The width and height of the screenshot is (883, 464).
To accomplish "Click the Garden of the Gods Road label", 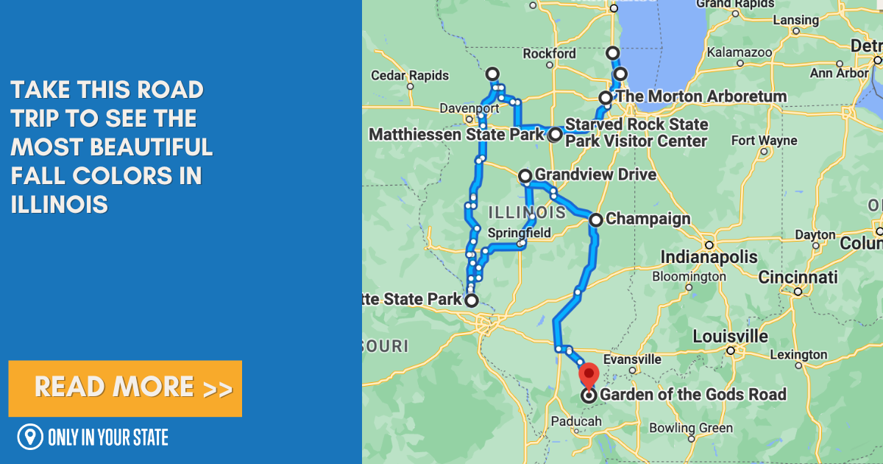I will tap(693, 395).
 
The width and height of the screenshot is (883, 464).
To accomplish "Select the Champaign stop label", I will tap(648, 219).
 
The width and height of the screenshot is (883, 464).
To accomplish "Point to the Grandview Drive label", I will tap(595, 175).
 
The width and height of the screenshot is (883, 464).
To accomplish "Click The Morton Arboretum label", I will tap(701, 96).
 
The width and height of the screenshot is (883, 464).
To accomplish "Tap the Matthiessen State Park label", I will tap(456, 135).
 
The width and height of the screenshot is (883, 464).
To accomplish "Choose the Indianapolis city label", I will tap(709, 257).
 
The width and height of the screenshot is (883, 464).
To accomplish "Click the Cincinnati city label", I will tap(798, 278).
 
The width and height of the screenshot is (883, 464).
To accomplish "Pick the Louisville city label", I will tap(730, 337).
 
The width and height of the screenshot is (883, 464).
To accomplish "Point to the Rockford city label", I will tap(549, 54).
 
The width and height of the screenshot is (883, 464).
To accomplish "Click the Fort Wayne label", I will tap(764, 140).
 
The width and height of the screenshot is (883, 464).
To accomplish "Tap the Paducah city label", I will tap(577, 421).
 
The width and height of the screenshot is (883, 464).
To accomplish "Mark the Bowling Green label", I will tap(691, 428).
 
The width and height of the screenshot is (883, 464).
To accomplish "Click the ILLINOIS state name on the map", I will tap(526, 213).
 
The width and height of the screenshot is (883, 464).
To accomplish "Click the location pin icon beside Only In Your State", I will tap(30, 437).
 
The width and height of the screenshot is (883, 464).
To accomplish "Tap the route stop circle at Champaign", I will tap(595, 219).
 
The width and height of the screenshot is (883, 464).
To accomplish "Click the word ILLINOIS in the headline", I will tap(60, 204).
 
